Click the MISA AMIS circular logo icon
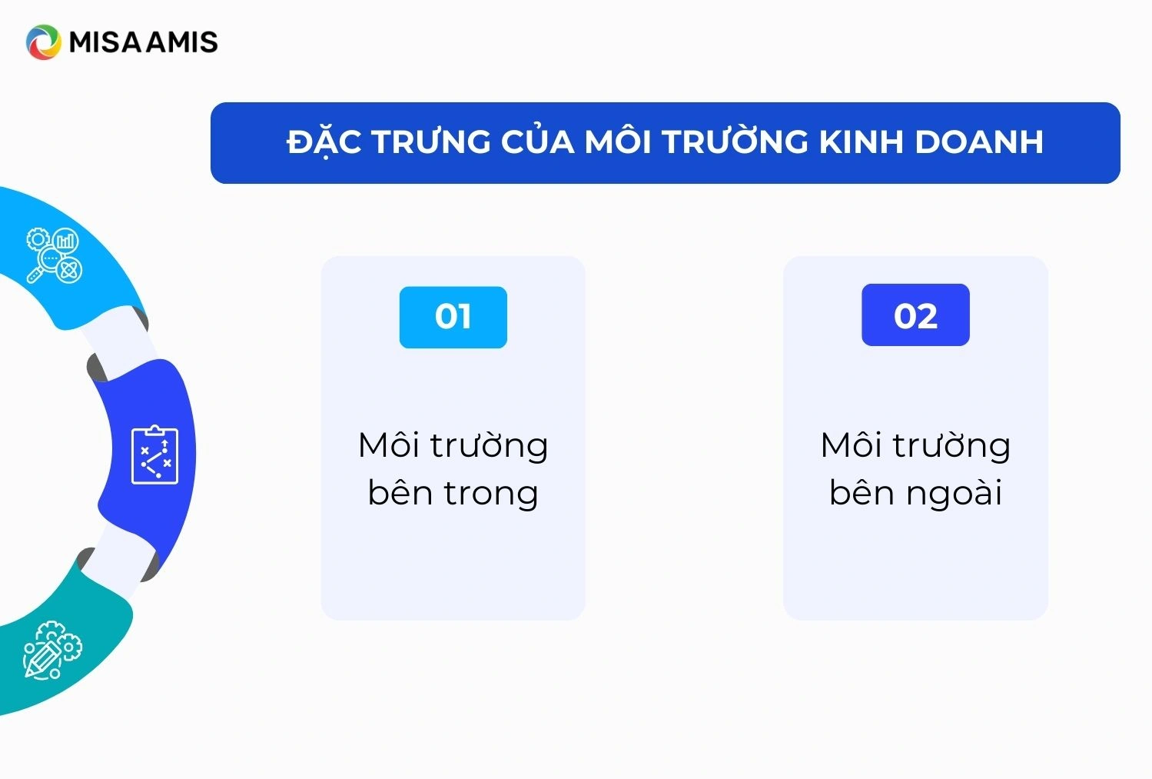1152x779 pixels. click(43, 42)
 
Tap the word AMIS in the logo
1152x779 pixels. click(182, 42)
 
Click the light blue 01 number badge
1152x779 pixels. click(453, 317)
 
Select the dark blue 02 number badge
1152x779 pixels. click(915, 315)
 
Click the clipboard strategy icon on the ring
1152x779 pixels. click(154, 454)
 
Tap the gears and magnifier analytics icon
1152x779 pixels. click(55, 255)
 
